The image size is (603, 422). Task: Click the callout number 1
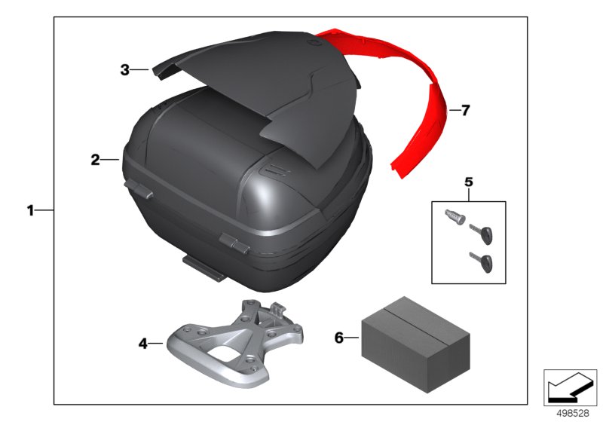[30, 210]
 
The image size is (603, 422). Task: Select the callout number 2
[95, 160]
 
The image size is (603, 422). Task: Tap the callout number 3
[125, 70]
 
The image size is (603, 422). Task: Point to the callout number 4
[142, 344]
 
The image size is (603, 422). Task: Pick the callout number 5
[468, 182]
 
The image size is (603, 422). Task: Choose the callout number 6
[338, 338]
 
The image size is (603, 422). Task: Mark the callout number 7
[465, 111]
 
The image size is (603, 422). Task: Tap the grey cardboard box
[416, 344]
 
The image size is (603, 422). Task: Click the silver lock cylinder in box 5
[455, 218]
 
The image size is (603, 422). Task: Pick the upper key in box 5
[482, 234]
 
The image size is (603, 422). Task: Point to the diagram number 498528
[573, 413]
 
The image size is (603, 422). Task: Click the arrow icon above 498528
[570, 387]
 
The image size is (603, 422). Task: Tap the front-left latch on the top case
[139, 190]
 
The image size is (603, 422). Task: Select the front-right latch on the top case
[234, 243]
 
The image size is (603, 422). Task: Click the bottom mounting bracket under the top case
[204, 268]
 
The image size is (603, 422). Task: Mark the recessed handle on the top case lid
[274, 170]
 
